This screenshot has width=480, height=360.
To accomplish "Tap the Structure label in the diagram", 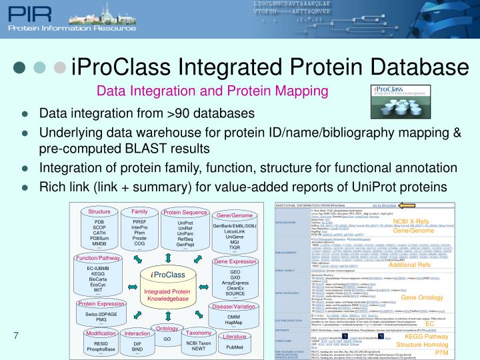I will [99, 212].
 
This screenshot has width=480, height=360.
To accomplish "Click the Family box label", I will [139, 211].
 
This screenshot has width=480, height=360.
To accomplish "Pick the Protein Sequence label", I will [185, 213].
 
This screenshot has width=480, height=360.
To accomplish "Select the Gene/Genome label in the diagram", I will [235, 216].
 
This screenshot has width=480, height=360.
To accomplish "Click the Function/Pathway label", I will [98, 257].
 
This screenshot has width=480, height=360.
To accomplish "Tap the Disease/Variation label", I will [234, 307].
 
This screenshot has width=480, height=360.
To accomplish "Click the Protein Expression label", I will [101, 303].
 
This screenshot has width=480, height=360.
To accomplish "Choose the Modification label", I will [101, 333].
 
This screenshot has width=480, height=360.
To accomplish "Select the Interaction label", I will [137, 333].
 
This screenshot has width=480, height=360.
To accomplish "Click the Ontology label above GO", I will [167, 329].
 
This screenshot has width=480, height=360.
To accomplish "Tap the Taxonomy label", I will [199, 332].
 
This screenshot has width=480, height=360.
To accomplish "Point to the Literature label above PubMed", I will [235, 337].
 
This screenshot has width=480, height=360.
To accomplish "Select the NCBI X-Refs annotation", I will [410, 221].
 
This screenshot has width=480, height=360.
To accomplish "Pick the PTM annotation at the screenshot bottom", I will [441, 353].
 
